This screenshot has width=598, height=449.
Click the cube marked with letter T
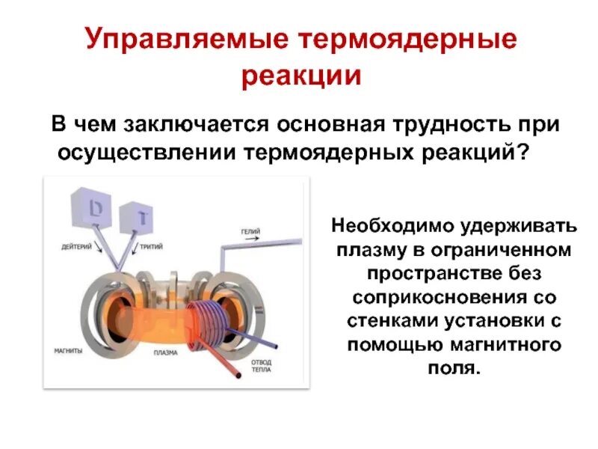click(x=138, y=218)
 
